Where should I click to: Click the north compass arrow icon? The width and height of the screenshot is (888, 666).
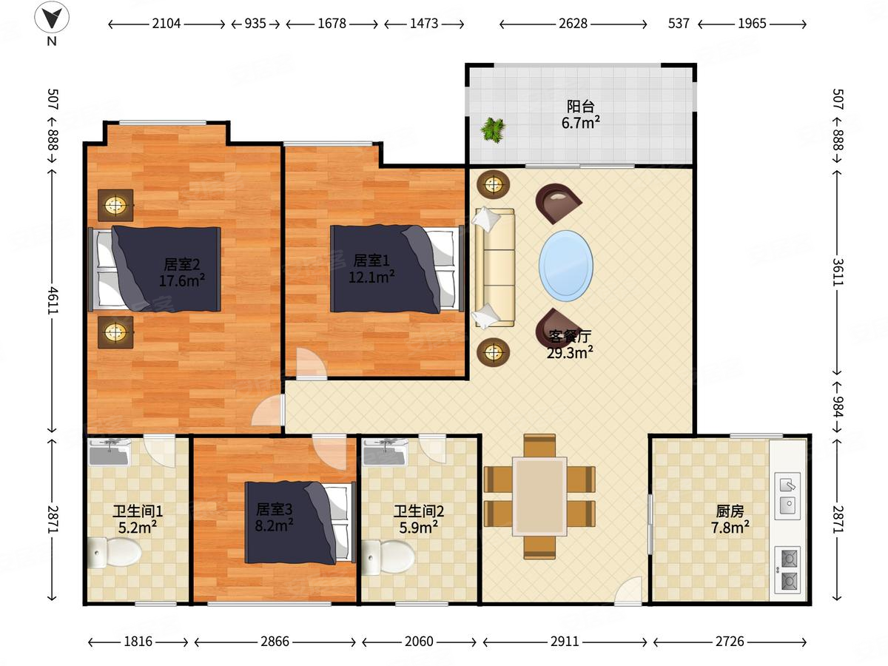pyautogui.click(x=52, y=17)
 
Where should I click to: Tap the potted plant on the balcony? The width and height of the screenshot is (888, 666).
pyautogui.click(x=493, y=129)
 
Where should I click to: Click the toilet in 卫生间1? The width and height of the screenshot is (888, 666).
pyautogui.click(x=114, y=552)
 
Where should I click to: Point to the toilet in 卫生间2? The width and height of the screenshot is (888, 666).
pyautogui.click(x=388, y=557)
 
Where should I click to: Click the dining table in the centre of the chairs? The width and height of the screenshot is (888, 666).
pyautogui.click(x=539, y=497)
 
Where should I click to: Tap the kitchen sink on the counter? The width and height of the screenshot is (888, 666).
pyautogui.click(x=787, y=496)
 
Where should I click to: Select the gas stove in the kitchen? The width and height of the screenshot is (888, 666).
pyautogui.click(x=787, y=570)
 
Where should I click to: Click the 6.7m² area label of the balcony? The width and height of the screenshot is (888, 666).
pyautogui.click(x=581, y=123)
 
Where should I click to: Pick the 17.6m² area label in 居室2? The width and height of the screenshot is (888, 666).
pyautogui.click(x=181, y=280)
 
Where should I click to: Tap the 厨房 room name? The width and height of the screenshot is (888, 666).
pyautogui.click(x=730, y=511)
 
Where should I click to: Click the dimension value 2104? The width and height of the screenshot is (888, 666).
pyautogui.click(x=166, y=24)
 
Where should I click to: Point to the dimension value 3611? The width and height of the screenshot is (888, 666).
pyautogui.click(x=838, y=272)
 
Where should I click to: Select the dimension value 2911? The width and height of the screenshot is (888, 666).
pyautogui.click(x=565, y=642)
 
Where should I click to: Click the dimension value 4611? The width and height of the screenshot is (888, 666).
pyautogui.click(x=53, y=300)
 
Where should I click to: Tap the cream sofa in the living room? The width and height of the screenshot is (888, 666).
pyautogui.click(x=494, y=268)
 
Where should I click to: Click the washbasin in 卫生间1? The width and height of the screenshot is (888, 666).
pyautogui.click(x=110, y=452)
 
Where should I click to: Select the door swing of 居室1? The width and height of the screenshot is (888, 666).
pyautogui.click(x=311, y=363)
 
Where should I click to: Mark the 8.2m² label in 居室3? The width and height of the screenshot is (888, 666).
pyautogui.click(x=275, y=525)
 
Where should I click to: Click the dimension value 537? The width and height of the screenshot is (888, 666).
pyautogui.click(x=679, y=24)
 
